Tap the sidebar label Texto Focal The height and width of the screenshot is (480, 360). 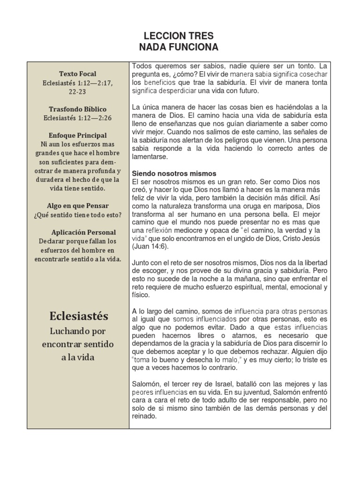coord(78,74)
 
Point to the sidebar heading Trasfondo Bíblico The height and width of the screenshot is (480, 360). coord(78,109)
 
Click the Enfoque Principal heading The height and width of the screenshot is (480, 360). coord(78,135)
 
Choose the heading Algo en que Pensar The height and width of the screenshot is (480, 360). coord(78,206)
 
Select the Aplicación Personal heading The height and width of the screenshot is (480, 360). coord(84,232)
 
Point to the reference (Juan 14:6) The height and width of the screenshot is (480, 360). coord(150,246)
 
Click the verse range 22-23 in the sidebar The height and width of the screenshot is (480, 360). coord(78,92)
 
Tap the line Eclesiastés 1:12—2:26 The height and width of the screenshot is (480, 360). coord(78,118)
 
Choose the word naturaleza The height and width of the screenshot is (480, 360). coord(177,207)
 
